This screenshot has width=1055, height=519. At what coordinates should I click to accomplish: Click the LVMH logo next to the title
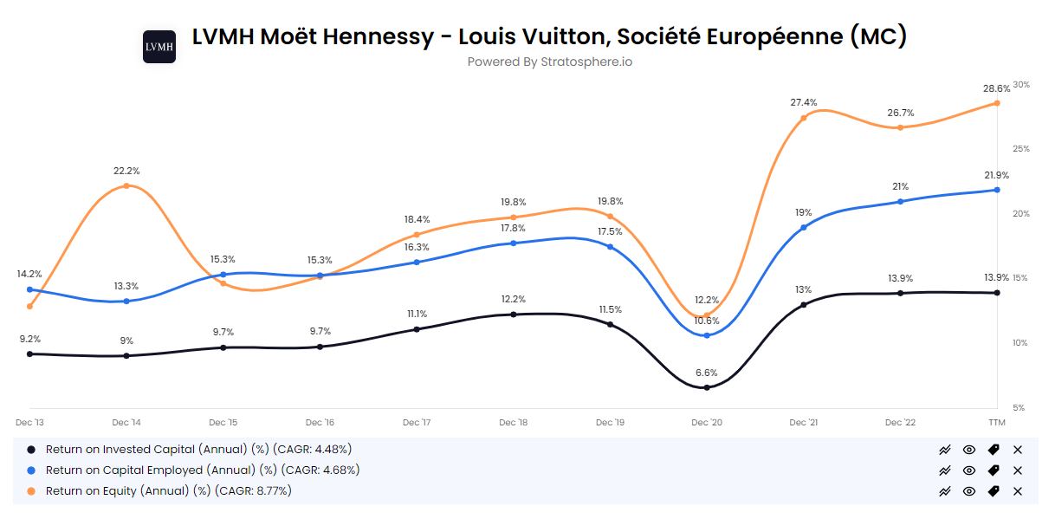pyautogui.click(x=159, y=47)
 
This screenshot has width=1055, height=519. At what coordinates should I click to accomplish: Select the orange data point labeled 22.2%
pyautogui.click(x=126, y=185)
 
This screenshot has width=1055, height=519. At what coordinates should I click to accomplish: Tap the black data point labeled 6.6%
pyautogui.click(x=707, y=387)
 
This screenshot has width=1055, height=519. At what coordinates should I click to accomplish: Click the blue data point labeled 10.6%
pyautogui.click(x=707, y=335)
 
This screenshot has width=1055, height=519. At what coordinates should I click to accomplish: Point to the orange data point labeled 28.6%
pyautogui.click(x=997, y=103)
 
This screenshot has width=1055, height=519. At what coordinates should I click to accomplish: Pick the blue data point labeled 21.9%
pyautogui.click(x=997, y=190)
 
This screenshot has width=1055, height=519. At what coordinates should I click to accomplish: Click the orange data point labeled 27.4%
pyautogui.click(x=804, y=118)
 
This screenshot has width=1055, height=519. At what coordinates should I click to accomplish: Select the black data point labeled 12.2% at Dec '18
pyautogui.click(x=514, y=315)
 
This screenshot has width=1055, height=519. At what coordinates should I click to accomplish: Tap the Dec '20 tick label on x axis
pyautogui.click(x=707, y=422)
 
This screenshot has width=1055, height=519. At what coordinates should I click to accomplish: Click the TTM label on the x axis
pyautogui.click(x=997, y=422)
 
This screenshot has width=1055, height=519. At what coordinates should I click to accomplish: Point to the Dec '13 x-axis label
pyautogui.click(x=30, y=422)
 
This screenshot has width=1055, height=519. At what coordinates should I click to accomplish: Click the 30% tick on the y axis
pyautogui.click(x=1021, y=85)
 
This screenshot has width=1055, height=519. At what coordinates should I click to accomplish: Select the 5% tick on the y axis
pyautogui.click(x=1019, y=407)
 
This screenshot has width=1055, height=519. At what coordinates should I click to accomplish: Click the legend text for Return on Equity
pyautogui.click(x=168, y=490)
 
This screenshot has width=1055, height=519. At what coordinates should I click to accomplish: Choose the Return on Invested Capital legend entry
pyautogui.click(x=198, y=449)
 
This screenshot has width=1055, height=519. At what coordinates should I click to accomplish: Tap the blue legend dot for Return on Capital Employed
pyautogui.click(x=32, y=470)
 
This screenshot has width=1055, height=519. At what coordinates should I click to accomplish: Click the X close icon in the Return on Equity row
pyautogui.click(x=1018, y=491)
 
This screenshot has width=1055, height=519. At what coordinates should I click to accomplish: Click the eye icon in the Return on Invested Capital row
pyautogui.click(x=969, y=450)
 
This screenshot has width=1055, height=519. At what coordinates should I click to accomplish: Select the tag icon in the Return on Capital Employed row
pyautogui.click(x=994, y=470)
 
